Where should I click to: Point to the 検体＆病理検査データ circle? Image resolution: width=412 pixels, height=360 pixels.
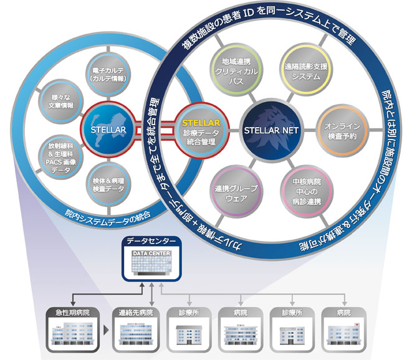coord(108,180)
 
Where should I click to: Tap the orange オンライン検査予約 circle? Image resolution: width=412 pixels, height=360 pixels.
coord(340,130)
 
